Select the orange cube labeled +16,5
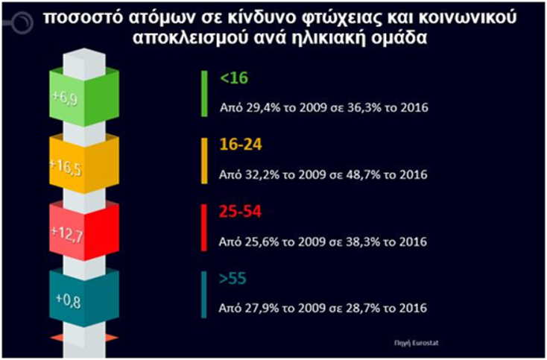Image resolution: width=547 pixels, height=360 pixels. pyautogui.click(x=83, y=161)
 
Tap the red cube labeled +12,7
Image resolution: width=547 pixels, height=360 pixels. pyautogui.click(x=83, y=230)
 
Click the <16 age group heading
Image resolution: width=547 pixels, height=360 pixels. pyautogui.click(x=232, y=78)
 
